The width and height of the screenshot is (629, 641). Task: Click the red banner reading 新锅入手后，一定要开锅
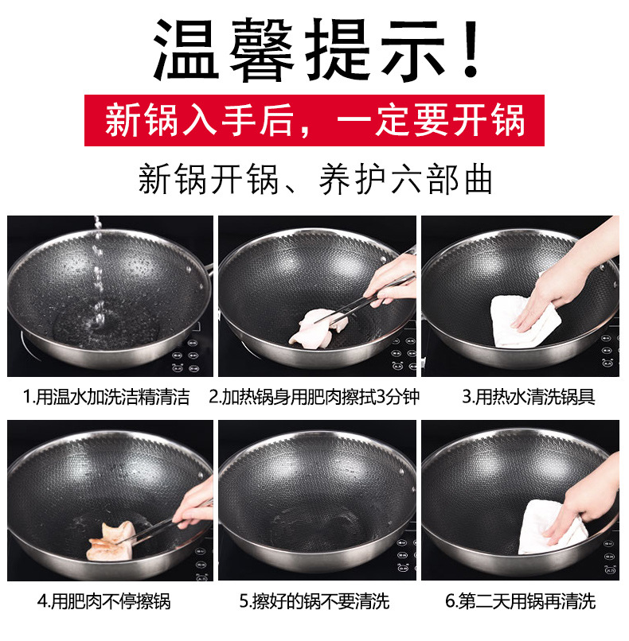(x=314, y=120)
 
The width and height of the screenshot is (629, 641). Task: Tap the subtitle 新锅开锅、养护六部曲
(x=315, y=179)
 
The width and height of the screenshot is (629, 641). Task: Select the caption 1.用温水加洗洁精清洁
(x=107, y=397)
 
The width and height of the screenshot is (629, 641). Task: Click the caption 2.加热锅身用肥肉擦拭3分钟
(x=314, y=397)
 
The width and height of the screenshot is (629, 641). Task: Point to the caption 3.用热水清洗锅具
(x=529, y=397)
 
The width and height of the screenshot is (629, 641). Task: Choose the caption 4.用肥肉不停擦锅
(x=104, y=601)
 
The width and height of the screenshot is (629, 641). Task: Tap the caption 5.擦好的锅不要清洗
(x=314, y=601)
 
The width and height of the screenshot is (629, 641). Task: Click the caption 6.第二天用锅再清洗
(x=521, y=601)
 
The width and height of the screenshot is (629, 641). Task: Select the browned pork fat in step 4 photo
(x=111, y=541)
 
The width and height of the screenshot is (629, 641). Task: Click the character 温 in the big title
(x=186, y=50)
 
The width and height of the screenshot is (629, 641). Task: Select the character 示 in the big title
(x=413, y=50)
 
